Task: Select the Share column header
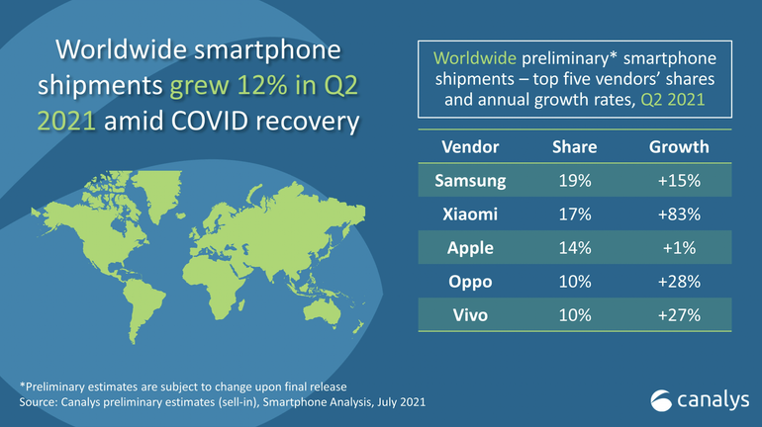[x=574, y=146]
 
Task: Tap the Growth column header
[x=678, y=146]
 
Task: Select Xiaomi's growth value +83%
[x=678, y=214]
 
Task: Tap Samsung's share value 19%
[x=574, y=181]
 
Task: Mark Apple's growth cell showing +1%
[x=678, y=248]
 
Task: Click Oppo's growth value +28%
[x=678, y=282]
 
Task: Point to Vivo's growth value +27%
[x=678, y=315]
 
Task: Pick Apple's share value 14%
[x=574, y=248]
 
